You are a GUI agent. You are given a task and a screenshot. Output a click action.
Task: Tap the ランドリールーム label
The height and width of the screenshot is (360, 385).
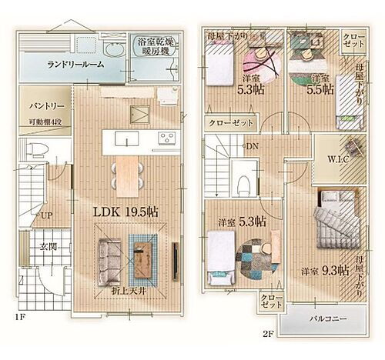[x=74, y=66]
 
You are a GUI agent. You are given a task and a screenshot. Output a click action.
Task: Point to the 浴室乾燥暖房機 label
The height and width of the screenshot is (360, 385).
[x=157, y=47]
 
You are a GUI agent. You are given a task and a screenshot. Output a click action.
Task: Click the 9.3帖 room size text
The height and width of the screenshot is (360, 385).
[x=334, y=271]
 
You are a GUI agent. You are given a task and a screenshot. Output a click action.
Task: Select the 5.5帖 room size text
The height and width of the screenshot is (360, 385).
[x=322, y=88]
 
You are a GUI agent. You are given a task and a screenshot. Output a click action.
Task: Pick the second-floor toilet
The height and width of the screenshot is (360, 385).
[x=241, y=183]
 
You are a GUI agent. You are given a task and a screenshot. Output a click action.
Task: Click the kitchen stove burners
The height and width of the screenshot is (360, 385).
[x=167, y=138]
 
